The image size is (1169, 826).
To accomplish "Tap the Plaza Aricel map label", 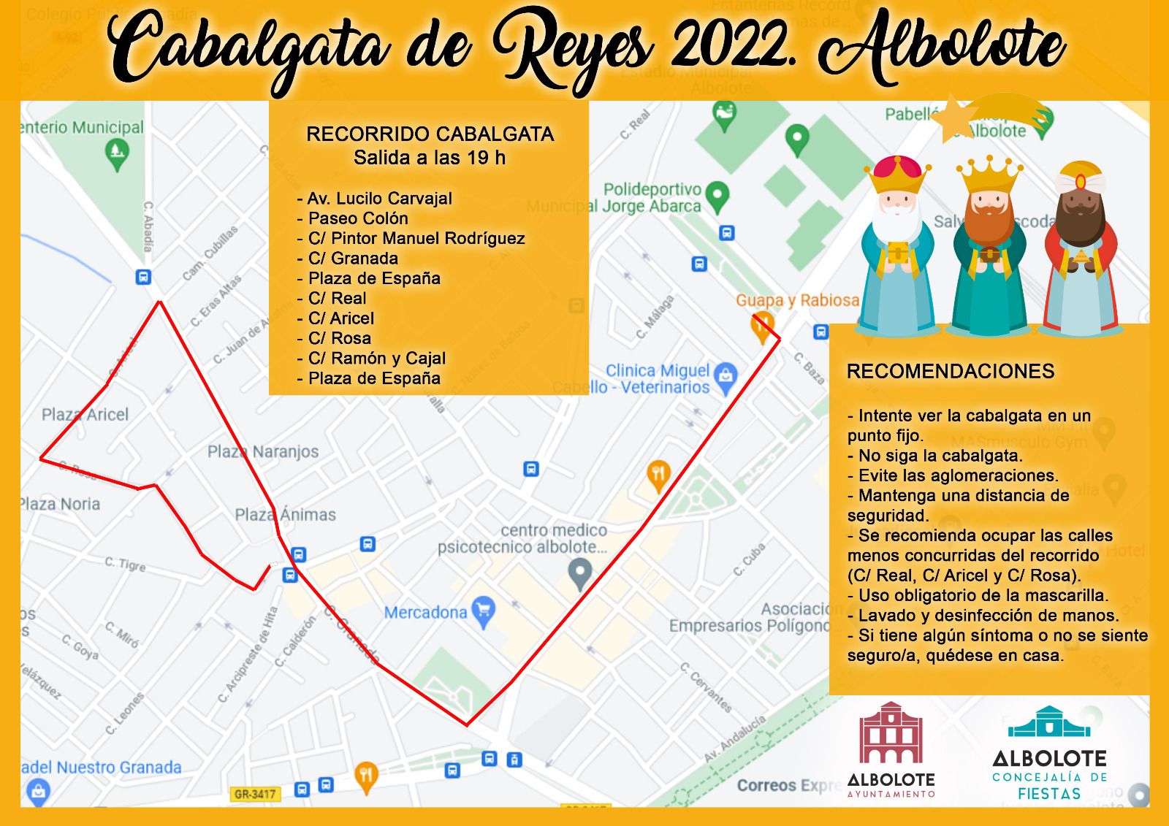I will point(85,415).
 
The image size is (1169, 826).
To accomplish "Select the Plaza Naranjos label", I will point(263,451).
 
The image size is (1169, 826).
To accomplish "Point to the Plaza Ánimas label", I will point(285,515).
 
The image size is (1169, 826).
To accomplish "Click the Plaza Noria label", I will point(60,504).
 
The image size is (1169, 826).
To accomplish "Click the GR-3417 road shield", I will point(255,794).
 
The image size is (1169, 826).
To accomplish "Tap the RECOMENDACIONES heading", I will point(950,371).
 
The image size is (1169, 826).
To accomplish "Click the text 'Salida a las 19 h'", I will point(430,158).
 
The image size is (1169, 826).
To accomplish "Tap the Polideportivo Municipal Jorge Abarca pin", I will point(718,195).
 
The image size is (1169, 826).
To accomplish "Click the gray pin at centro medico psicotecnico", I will point(581,573).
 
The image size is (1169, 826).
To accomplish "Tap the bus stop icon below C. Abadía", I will point(144,277).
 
